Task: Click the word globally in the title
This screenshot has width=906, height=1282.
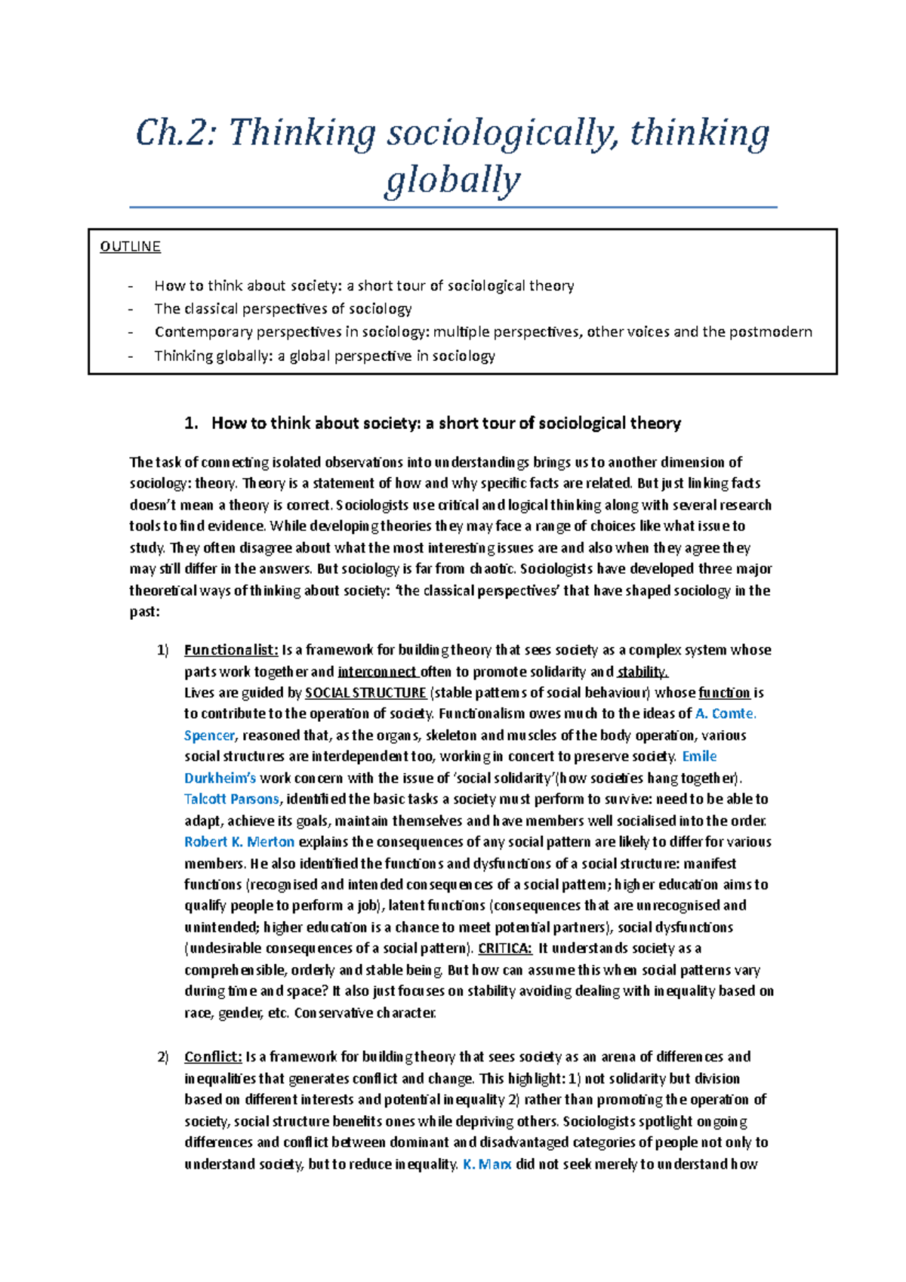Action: click(452, 181)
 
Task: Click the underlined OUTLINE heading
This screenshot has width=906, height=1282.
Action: click(130, 247)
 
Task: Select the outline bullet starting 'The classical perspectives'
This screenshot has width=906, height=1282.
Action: click(282, 309)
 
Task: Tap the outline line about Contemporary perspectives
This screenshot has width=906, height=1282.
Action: click(482, 332)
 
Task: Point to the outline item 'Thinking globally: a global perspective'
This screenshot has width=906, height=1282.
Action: click(324, 356)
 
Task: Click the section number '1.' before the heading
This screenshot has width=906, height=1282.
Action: click(191, 424)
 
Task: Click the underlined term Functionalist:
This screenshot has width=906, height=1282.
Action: click(231, 650)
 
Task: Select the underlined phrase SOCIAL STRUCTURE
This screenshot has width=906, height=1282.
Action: click(365, 693)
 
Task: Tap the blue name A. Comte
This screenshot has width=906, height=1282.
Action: click(725, 714)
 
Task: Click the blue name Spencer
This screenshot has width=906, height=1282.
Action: click(209, 736)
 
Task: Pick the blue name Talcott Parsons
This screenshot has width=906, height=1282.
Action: click(231, 800)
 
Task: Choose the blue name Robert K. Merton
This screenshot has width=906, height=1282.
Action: click(239, 843)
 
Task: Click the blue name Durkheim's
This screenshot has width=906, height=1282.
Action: click(220, 778)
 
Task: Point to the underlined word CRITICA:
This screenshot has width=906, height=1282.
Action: click(505, 949)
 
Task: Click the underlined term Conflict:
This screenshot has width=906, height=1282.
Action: click(213, 1057)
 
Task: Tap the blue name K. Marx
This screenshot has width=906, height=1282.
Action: click(486, 1165)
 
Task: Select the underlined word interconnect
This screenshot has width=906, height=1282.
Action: click(377, 672)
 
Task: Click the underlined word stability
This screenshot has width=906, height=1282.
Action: click(642, 672)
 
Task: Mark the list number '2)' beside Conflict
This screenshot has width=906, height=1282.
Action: click(163, 1057)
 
